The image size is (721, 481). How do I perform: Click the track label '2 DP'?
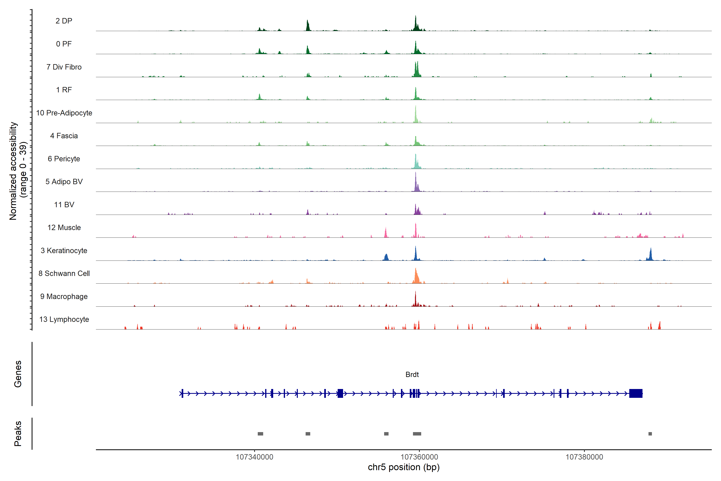pyautogui.click(x=64, y=21)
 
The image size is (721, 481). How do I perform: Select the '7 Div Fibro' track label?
pyautogui.click(x=64, y=67)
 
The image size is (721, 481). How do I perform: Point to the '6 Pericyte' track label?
pyautogui.click(x=64, y=159)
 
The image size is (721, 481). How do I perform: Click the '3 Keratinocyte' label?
pyautogui.click(x=64, y=251)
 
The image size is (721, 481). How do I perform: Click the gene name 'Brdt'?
pyautogui.click(x=412, y=375)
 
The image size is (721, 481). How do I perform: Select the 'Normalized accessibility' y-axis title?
pyautogui.click(x=13, y=171)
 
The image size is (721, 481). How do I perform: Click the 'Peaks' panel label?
pyautogui.click(x=18, y=434)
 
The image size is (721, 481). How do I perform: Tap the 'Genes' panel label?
pyautogui.click(x=18, y=374)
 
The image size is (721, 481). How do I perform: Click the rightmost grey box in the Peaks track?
pyautogui.click(x=650, y=434)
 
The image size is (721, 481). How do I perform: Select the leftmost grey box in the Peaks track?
pyautogui.click(x=260, y=434)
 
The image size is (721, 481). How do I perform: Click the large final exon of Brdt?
pyautogui.click(x=636, y=393)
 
